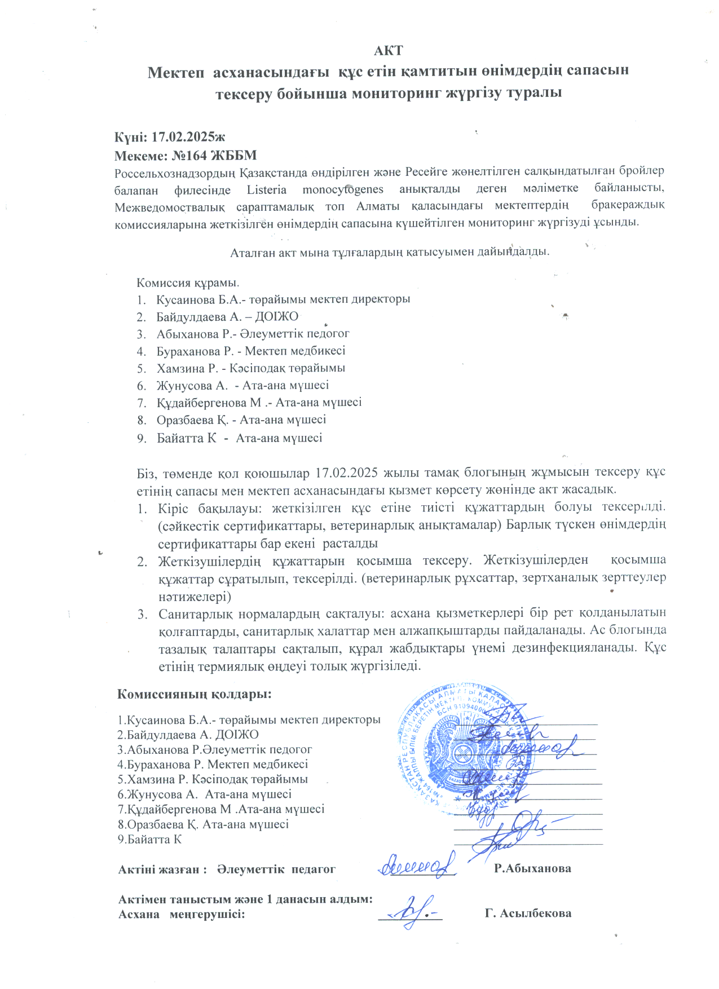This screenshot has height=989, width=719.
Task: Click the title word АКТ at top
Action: pyautogui.click(x=388, y=51)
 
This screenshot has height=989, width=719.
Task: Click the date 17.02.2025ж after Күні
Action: pyautogui.click(x=188, y=137)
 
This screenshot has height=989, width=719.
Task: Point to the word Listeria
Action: pyautogui.click(x=266, y=190)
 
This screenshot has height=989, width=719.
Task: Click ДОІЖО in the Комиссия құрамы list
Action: pyautogui.click(x=276, y=317)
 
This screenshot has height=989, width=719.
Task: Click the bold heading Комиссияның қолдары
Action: pyautogui.click(x=194, y=694)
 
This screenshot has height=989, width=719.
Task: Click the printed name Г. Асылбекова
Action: pyautogui.click(x=528, y=913)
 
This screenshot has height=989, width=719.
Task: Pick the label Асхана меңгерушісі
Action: pyautogui.click(x=182, y=914)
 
